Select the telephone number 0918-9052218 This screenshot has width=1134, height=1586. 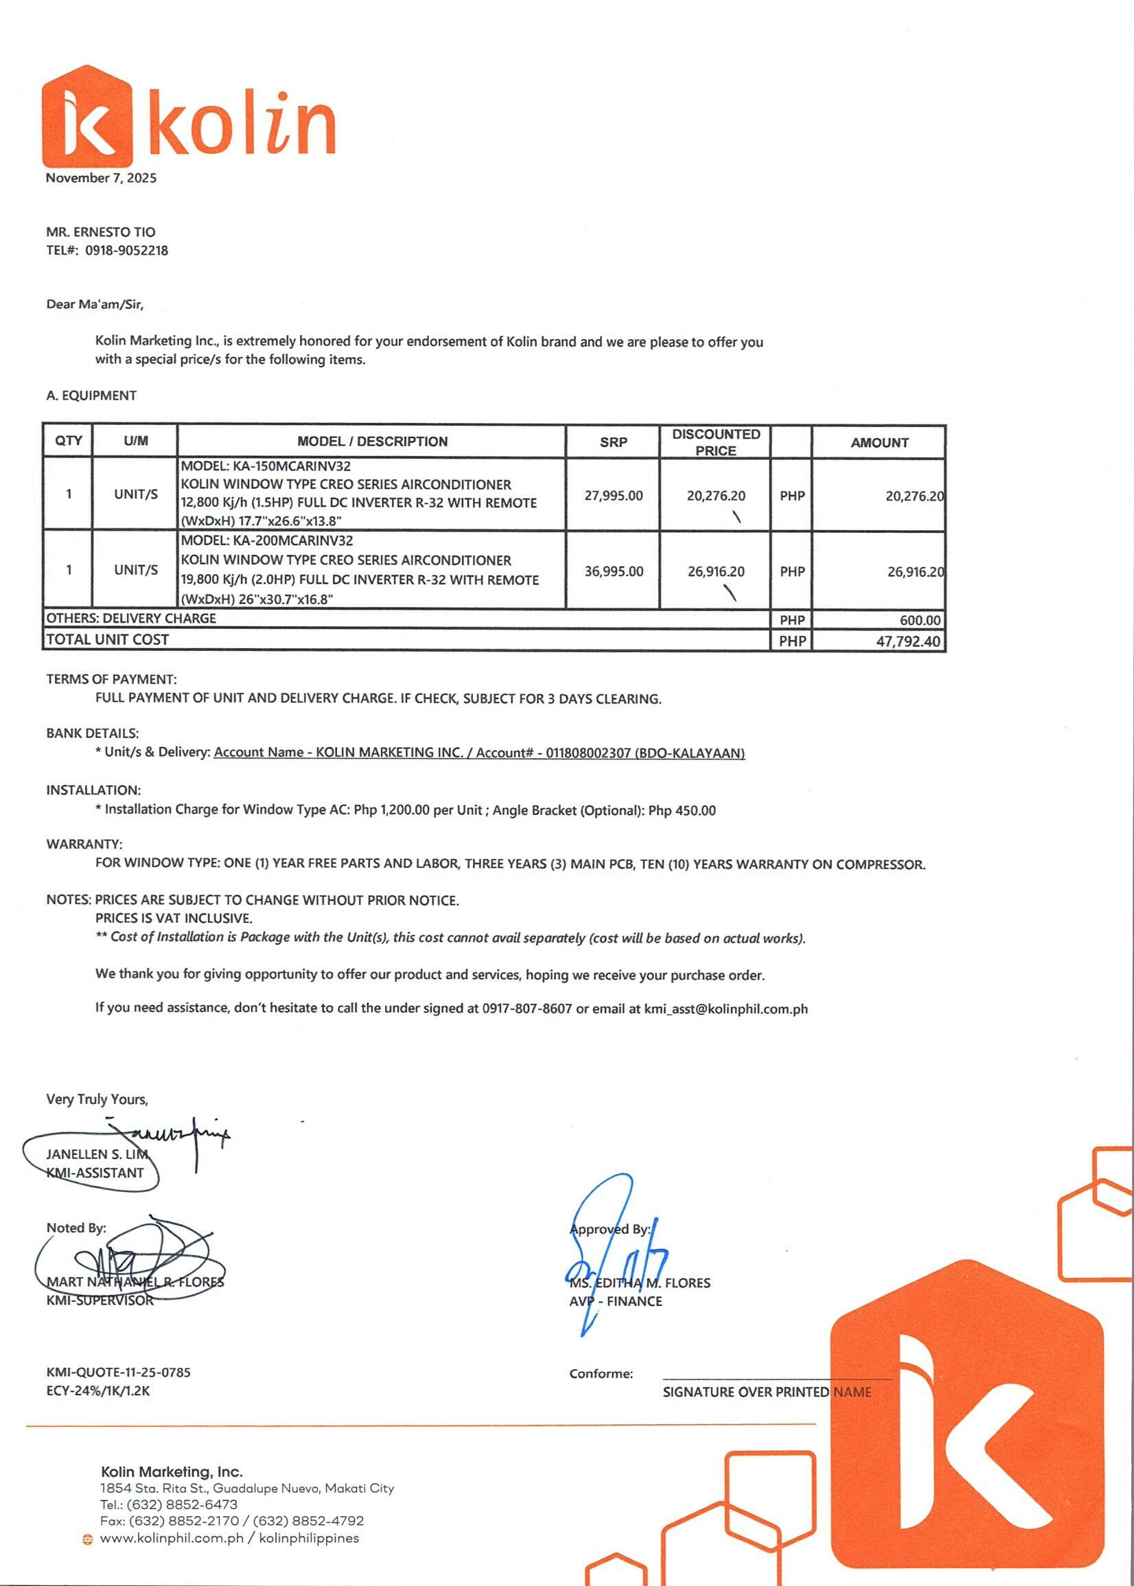[x=126, y=250]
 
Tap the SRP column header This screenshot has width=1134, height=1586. [x=613, y=442]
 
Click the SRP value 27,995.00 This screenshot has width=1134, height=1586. [x=613, y=496]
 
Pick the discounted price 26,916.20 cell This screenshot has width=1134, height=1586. [x=716, y=571]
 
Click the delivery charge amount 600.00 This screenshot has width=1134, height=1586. [x=920, y=620]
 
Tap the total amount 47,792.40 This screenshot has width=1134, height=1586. [x=907, y=641]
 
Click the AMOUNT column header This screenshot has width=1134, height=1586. [x=879, y=443]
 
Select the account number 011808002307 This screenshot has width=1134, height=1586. [x=588, y=753]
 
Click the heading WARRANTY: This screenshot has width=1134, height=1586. [x=84, y=844]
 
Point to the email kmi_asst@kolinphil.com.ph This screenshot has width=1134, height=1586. [x=726, y=1009]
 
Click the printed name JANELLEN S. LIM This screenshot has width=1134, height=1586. [x=96, y=1154]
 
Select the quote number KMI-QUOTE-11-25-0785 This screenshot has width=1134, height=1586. [x=118, y=1372]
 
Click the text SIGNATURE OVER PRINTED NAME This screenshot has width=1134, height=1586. [x=766, y=1392]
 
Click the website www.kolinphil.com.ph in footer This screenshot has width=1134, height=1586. [x=172, y=1538]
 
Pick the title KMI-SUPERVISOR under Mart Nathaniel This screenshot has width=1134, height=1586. [x=99, y=1300]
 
